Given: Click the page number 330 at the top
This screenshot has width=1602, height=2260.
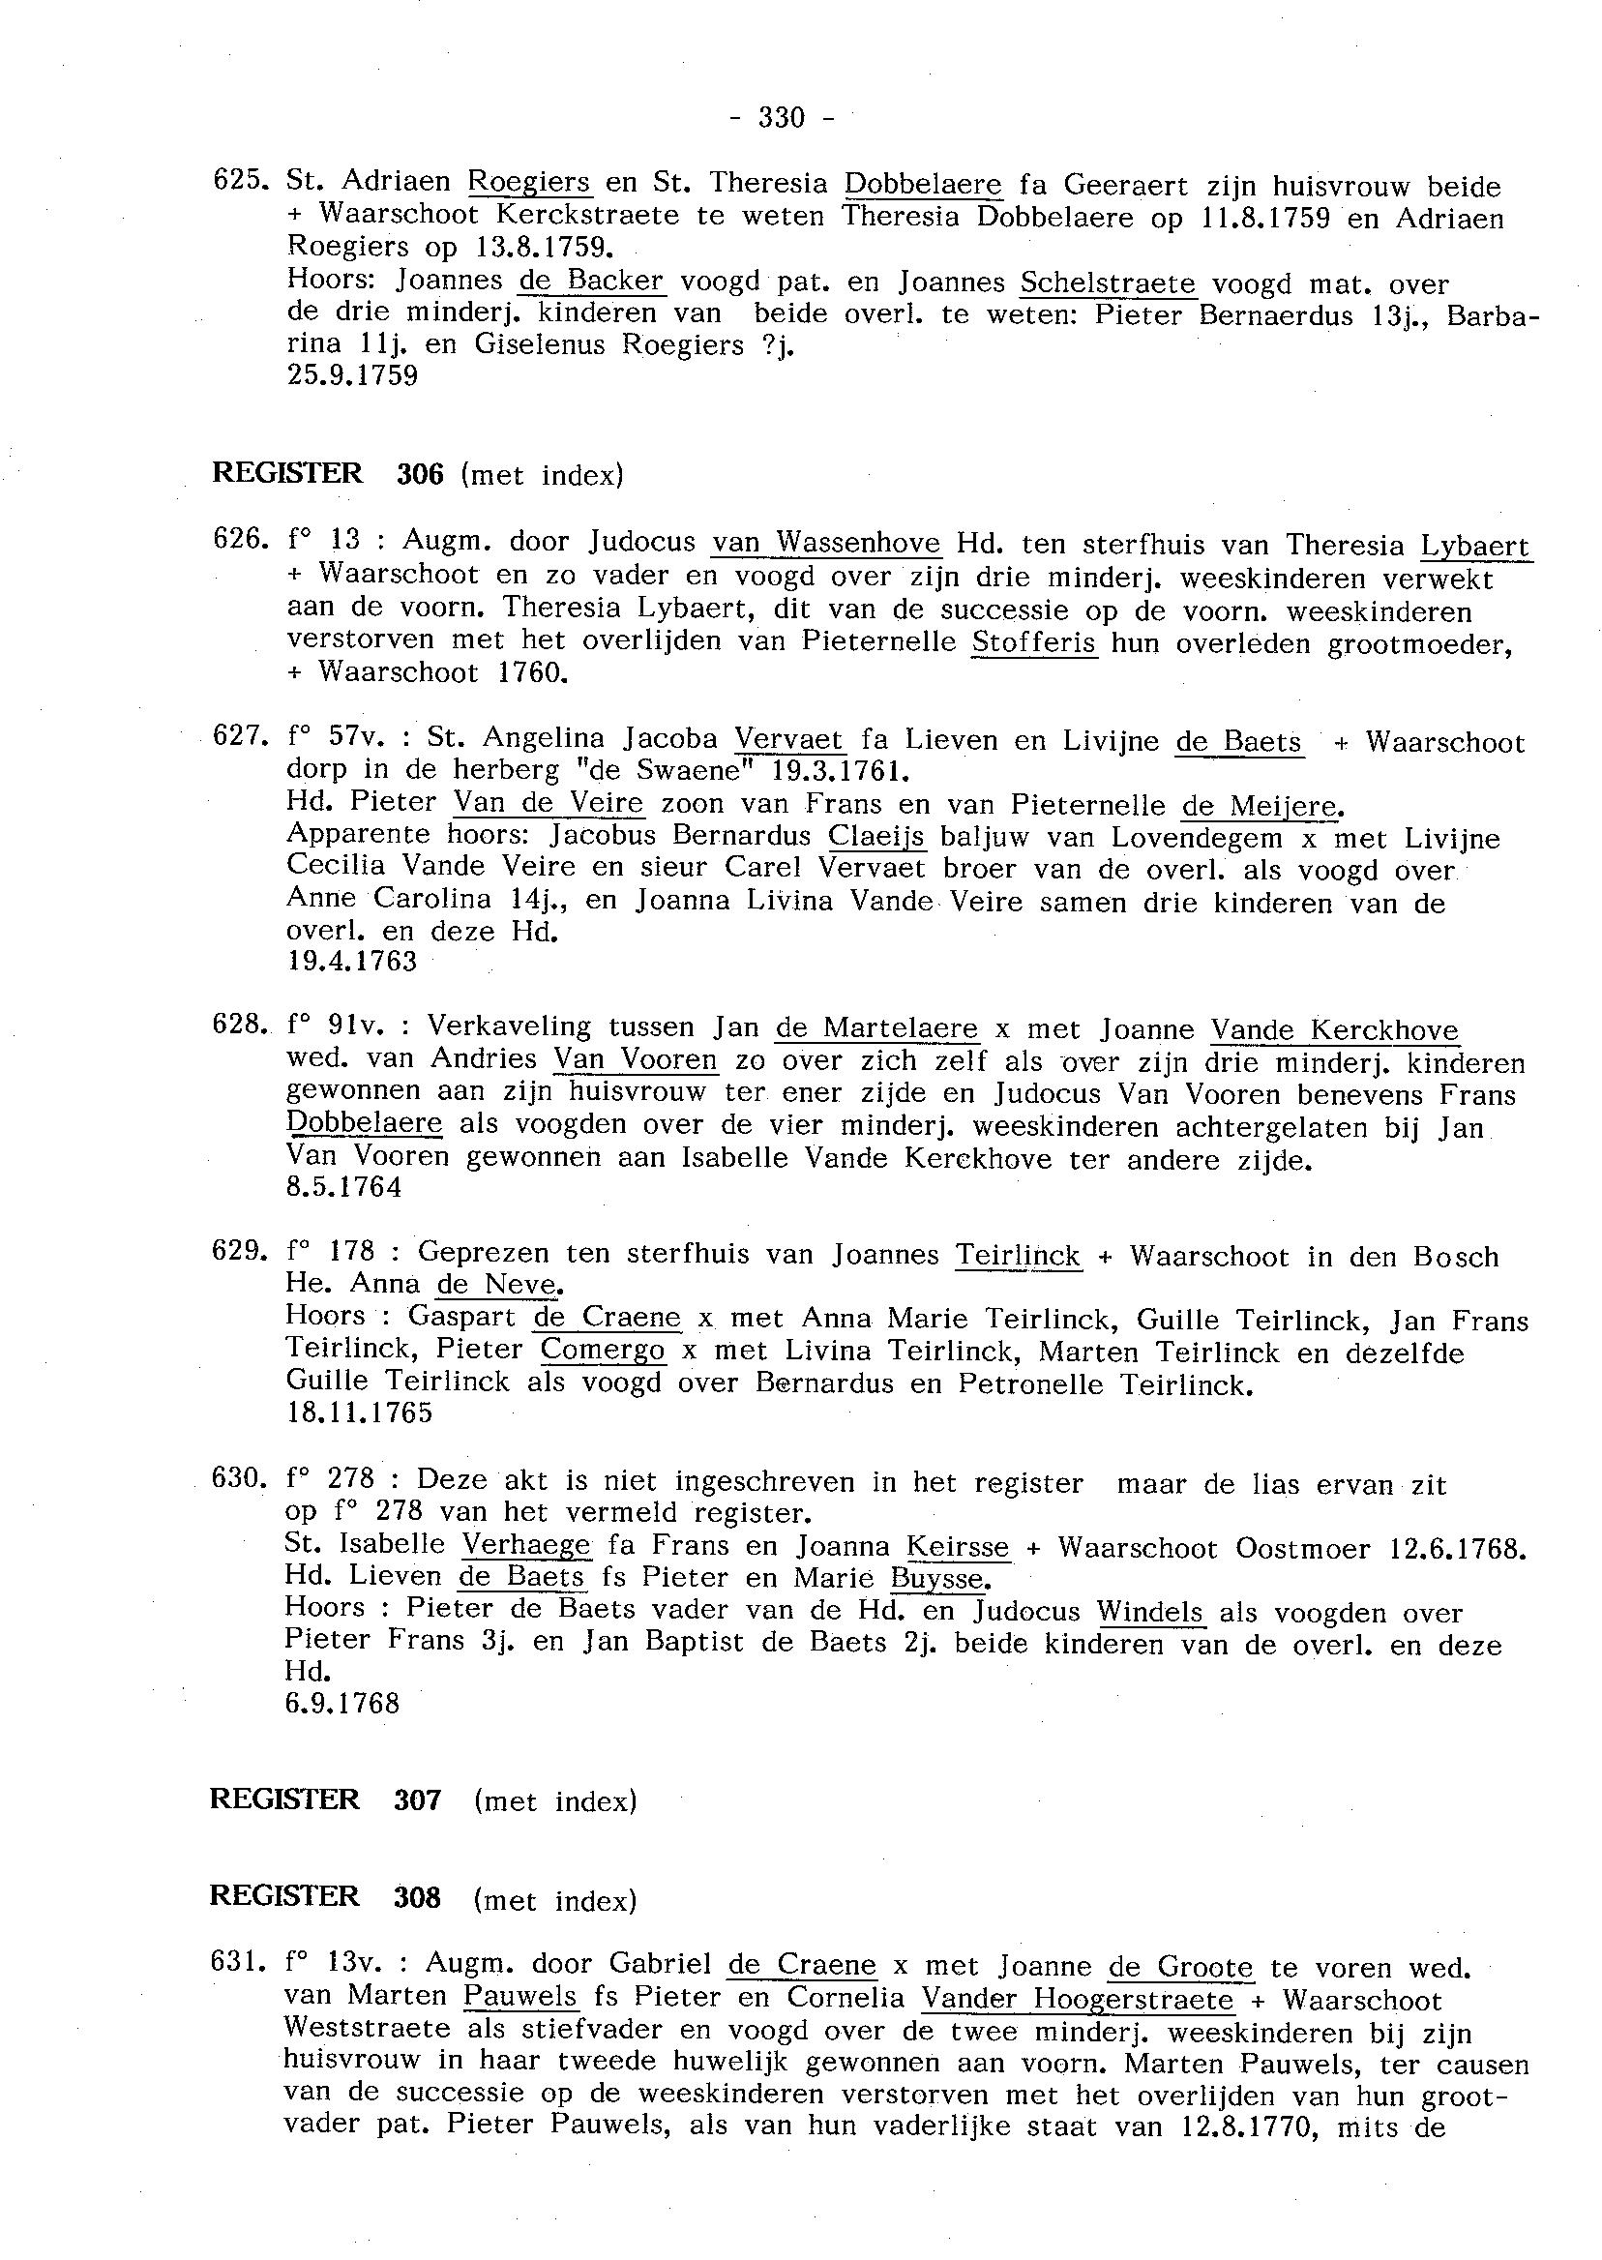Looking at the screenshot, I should (782, 118).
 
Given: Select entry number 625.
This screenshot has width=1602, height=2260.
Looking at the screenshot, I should (235, 182).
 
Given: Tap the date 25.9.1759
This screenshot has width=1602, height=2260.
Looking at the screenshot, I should (352, 375).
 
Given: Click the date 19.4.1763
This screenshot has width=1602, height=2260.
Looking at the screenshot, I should (352, 961).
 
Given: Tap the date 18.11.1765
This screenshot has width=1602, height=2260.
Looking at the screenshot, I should (359, 1412).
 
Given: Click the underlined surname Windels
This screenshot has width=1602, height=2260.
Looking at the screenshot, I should (1150, 1611).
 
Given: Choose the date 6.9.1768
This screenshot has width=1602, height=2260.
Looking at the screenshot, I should (342, 1704).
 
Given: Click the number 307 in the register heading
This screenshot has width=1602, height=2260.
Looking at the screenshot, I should (417, 1799).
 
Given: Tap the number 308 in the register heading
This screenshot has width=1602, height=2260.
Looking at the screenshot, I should (417, 1896).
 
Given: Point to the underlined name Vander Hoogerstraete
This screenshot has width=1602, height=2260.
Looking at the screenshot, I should (1078, 2000).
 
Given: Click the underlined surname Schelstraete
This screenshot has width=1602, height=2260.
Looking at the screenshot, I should (1108, 283).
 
